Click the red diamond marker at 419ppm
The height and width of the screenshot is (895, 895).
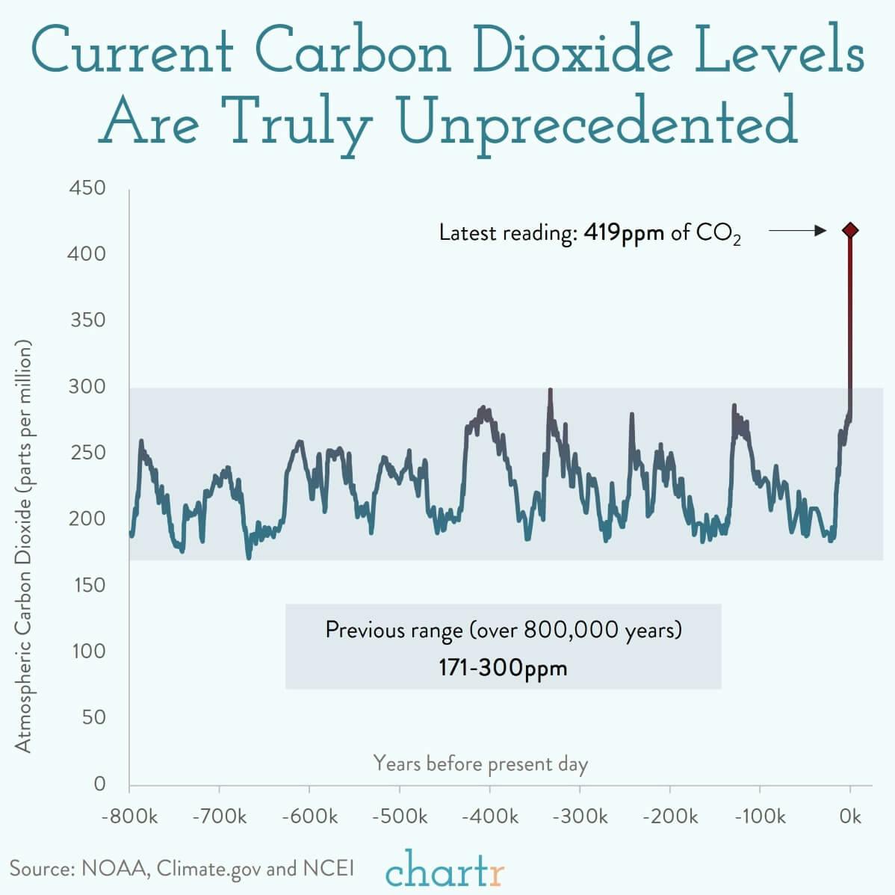(x=849, y=230)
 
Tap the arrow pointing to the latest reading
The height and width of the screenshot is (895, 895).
(x=797, y=231)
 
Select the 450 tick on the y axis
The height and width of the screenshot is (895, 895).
(x=87, y=188)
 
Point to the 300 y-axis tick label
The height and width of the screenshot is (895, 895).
(x=87, y=386)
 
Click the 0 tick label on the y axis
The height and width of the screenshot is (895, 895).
(x=99, y=784)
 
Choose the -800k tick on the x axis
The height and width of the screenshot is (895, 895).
(x=129, y=816)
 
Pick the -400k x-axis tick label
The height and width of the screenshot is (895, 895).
(x=489, y=816)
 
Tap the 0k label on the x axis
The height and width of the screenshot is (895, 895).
(x=850, y=816)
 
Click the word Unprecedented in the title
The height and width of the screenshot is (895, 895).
(x=598, y=123)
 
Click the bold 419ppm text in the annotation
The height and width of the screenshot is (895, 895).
(x=624, y=232)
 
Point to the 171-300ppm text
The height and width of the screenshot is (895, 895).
(x=503, y=666)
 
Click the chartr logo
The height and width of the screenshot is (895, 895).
(x=445, y=868)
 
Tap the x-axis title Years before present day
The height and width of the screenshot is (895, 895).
(x=480, y=764)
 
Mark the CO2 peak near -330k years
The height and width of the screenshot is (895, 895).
(x=551, y=391)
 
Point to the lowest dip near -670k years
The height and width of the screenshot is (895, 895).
(x=249, y=557)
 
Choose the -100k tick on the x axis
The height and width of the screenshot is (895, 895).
(x=760, y=816)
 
